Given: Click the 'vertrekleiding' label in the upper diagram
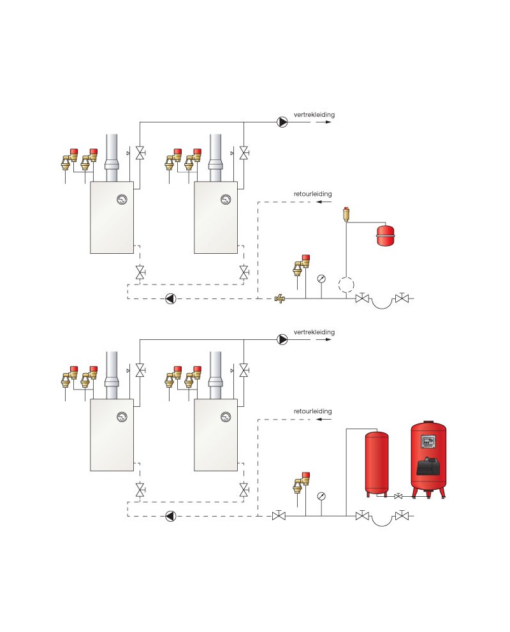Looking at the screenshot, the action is [x=314, y=115].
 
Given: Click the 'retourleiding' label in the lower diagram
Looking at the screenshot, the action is [x=312, y=411].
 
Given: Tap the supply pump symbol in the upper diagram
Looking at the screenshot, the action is [x=282, y=122].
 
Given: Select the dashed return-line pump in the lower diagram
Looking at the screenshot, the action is [x=171, y=516].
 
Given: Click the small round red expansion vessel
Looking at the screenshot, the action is [x=386, y=235].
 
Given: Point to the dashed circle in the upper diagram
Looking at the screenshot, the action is [x=346, y=285].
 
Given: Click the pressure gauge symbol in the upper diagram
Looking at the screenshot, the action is [x=321, y=279].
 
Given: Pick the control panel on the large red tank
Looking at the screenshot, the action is [x=428, y=442].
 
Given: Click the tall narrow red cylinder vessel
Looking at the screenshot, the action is [x=377, y=464].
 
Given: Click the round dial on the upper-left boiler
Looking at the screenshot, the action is [x=122, y=200].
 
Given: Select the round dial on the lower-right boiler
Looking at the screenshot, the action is [x=226, y=417].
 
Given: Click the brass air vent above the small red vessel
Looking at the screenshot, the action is [x=346, y=214].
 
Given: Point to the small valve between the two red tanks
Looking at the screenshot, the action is [x=398, y=496].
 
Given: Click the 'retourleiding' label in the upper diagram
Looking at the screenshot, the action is [x=312, y=194].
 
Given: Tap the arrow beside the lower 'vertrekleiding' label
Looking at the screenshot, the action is [x=323, y=339].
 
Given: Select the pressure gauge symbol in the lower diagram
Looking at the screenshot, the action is [x=321, y=496].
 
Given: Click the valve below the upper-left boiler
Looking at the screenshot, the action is [x=140, y=273].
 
